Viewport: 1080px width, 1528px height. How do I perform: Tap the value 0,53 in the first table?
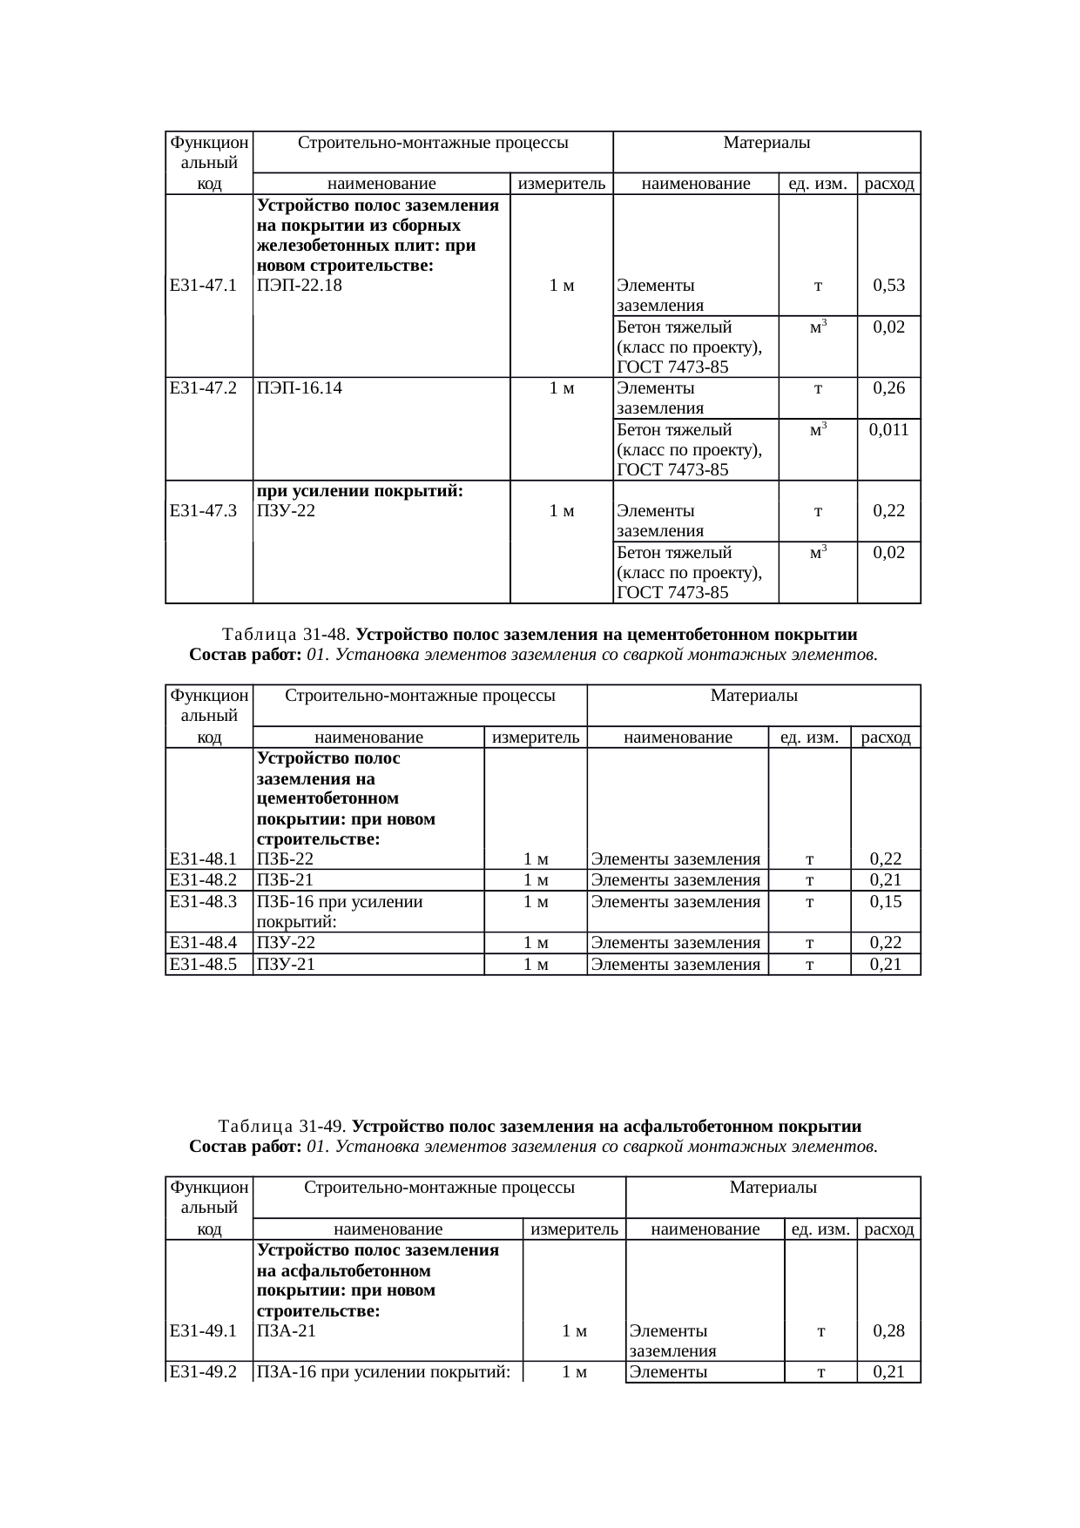(888, 286)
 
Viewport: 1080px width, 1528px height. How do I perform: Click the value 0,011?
(888, 430)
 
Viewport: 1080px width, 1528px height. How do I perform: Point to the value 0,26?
(888, 388)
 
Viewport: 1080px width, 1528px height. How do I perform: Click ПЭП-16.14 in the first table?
(300, 388)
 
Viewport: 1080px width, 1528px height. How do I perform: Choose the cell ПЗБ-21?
(285, 880)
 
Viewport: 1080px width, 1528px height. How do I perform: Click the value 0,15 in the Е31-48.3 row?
(885, 902)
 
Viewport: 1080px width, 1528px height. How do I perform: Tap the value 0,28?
(888, 1330)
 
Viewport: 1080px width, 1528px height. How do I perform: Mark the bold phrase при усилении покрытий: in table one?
(359, 491)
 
